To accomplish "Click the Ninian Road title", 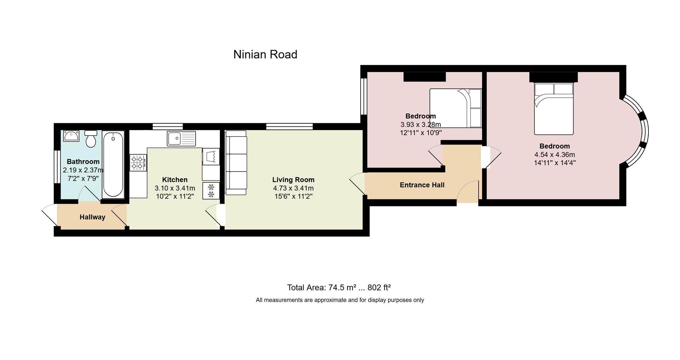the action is pyautogui.click(x=265, y=55).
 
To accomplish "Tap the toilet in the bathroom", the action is pyautogui.click(x=91, y=139).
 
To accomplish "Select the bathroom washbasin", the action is pyautogui.click(x=71, y=136).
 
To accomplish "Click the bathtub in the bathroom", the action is pyautogui.click(x=113, y=165).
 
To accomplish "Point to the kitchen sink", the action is pyautogui.click(x=181, y=138).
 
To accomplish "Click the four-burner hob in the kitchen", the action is pyautogui.click(x=138, y=163).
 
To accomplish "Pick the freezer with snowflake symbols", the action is pyautogui.click(x=211, y=190).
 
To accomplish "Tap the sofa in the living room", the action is pyautogui.click(x=236, y=163).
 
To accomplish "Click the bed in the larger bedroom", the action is pyautogui.click(x=554, y=109).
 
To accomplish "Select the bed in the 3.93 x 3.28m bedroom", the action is pyautogui.click(x=456, y=108).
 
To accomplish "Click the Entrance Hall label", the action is pyautogui.click(x=422, y=185).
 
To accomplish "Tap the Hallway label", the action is pyautogui.click(x=92, y=217).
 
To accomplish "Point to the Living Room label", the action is pyautogui.click(x=293, y=180).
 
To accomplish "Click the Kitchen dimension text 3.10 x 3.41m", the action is pyautogui.click(x=175, y=188).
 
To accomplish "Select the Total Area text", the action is pyautogui.click(x=339, y=287).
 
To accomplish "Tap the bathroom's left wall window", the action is pyautogui.click(x=56, y=167).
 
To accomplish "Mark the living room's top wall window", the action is pyautogui.click(x=289, y=126).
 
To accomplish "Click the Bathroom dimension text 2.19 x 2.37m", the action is pyautogui.click(x=83, y=170).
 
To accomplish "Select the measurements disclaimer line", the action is pyautogui.click(x=340, y=300).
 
